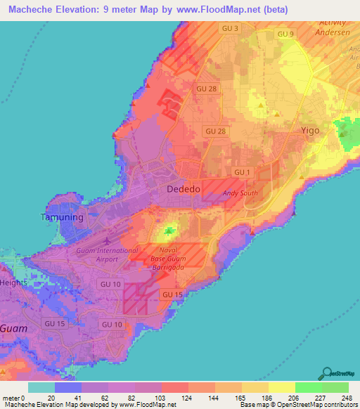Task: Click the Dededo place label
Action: [184, 190]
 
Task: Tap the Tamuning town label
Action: [60, 217]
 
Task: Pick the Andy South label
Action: [240, 193]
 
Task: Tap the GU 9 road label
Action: [285, 34]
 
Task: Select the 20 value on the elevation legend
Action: [51, 397]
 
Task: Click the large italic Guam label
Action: [13, 328]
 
